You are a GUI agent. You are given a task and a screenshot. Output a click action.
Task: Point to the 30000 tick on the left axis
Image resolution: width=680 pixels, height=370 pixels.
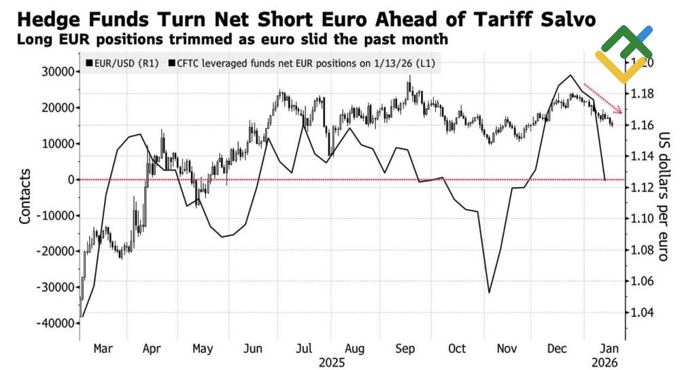click(56, 72)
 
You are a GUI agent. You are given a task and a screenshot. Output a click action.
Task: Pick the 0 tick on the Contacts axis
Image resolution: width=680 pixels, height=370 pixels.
click(70, 180)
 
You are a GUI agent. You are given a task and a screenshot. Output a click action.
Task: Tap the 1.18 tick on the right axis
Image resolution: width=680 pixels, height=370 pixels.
click(642, 94)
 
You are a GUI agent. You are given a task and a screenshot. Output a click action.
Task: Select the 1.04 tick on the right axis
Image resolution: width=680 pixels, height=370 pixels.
click(642, 313)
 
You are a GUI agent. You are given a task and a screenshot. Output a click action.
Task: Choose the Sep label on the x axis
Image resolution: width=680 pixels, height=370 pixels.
click(405, 348)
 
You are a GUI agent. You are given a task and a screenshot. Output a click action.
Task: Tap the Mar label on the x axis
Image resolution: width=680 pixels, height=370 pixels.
click(103, 348)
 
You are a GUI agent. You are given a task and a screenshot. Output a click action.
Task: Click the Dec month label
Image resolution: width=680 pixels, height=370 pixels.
click(558, 348)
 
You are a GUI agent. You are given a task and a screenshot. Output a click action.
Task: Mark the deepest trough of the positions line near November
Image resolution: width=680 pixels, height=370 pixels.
click(489, 293)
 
